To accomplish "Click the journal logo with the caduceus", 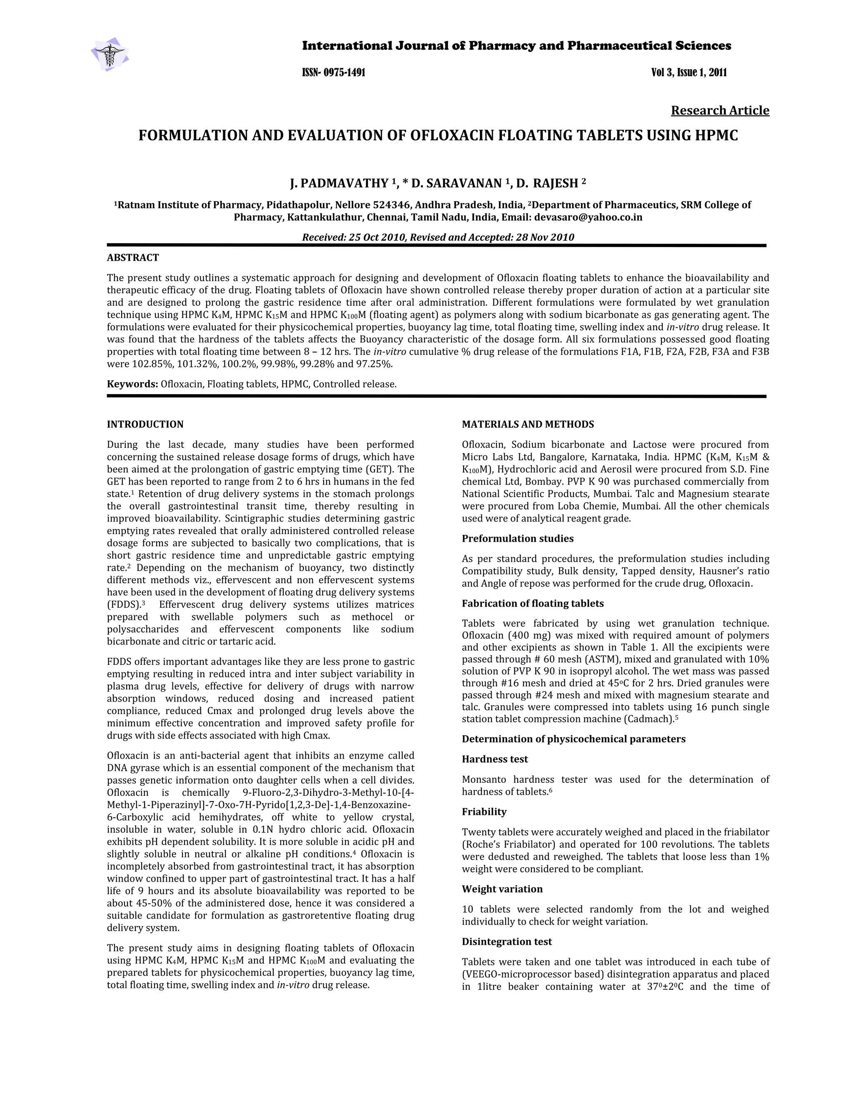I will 109,54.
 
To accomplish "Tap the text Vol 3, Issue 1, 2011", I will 689,72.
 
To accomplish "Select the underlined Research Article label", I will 720,110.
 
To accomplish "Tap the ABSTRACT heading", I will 133,258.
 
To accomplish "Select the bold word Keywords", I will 132,384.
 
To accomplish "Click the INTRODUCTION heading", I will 145,424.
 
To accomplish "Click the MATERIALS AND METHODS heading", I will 528,424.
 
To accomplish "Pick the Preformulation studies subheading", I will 517,538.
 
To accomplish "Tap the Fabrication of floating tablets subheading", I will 533,603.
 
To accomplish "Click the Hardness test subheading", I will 495,759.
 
